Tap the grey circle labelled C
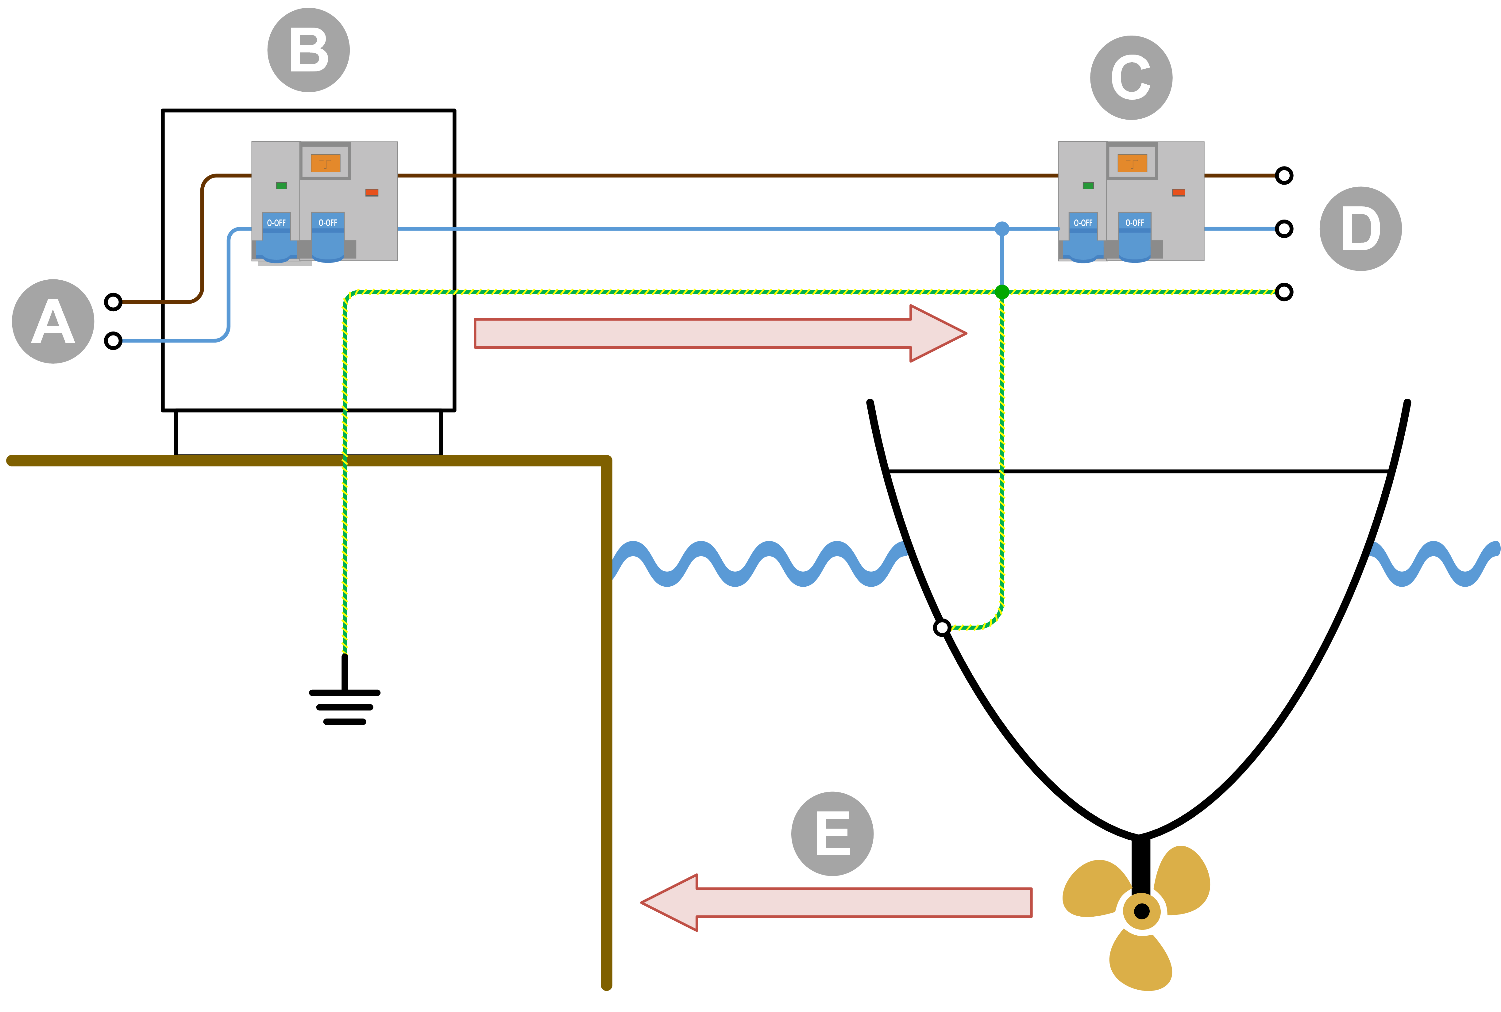tap(1131, 78)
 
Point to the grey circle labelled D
tap(1360, 228)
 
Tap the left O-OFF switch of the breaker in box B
tap(276, 236)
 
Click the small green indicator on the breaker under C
tap(1088, 185)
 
